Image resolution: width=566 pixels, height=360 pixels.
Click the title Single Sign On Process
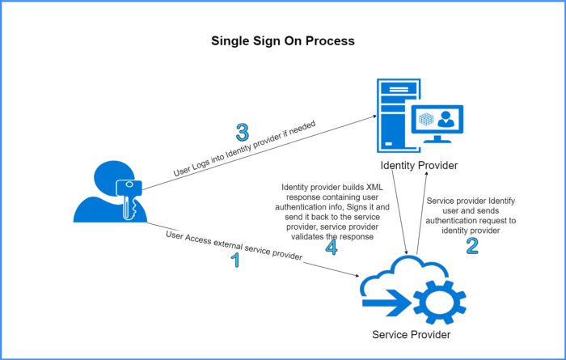[282, 40]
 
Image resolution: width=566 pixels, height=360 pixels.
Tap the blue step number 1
[236, 260]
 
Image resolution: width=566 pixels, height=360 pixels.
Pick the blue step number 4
[332, 246]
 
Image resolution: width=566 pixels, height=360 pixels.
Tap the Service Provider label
[412, 334]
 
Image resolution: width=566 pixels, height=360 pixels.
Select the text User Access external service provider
[234, 246]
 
